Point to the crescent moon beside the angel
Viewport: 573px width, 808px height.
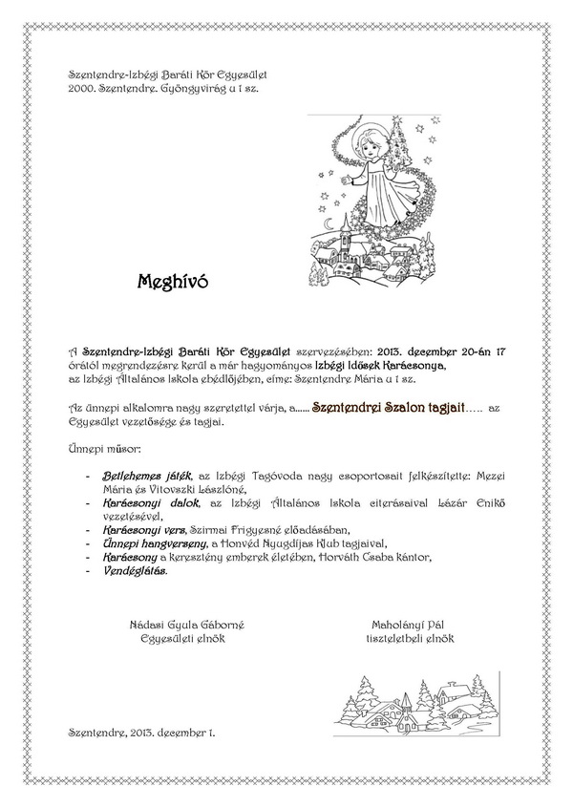click(333, 224)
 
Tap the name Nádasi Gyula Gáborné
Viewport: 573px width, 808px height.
click(187, 626)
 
